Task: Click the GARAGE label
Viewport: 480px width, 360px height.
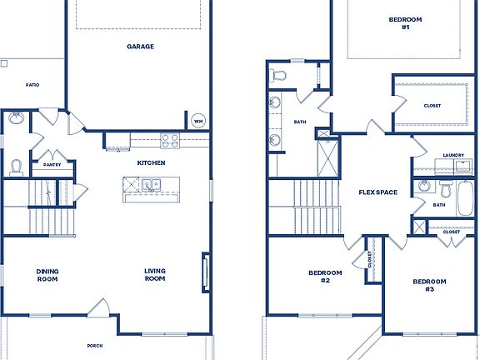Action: tap(140, 47)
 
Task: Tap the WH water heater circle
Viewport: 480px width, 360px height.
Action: tap(198, 121)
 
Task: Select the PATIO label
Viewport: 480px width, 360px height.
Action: tap(32, 85)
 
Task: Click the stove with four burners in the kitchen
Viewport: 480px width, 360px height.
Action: tap(170, 140)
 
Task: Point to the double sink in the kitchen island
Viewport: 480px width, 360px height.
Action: tap(151, 184)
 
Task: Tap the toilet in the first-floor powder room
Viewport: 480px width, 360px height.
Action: tap(16, 167)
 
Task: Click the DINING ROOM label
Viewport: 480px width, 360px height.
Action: tap(47, 274)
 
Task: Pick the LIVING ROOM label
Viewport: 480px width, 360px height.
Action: tap(155, 274)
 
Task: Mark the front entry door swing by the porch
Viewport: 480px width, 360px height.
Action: tap(98, 308)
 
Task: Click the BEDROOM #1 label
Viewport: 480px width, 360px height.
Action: tap(404, 23)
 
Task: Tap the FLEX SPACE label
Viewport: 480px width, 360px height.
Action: tap(377, 192)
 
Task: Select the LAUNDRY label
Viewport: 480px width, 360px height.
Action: tap(453, 155)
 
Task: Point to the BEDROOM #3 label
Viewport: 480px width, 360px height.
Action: tap(429, 285)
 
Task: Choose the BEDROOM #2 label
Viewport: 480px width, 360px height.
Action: tap(325, 277)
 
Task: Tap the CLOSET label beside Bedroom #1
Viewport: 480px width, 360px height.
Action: tap(432, 106)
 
